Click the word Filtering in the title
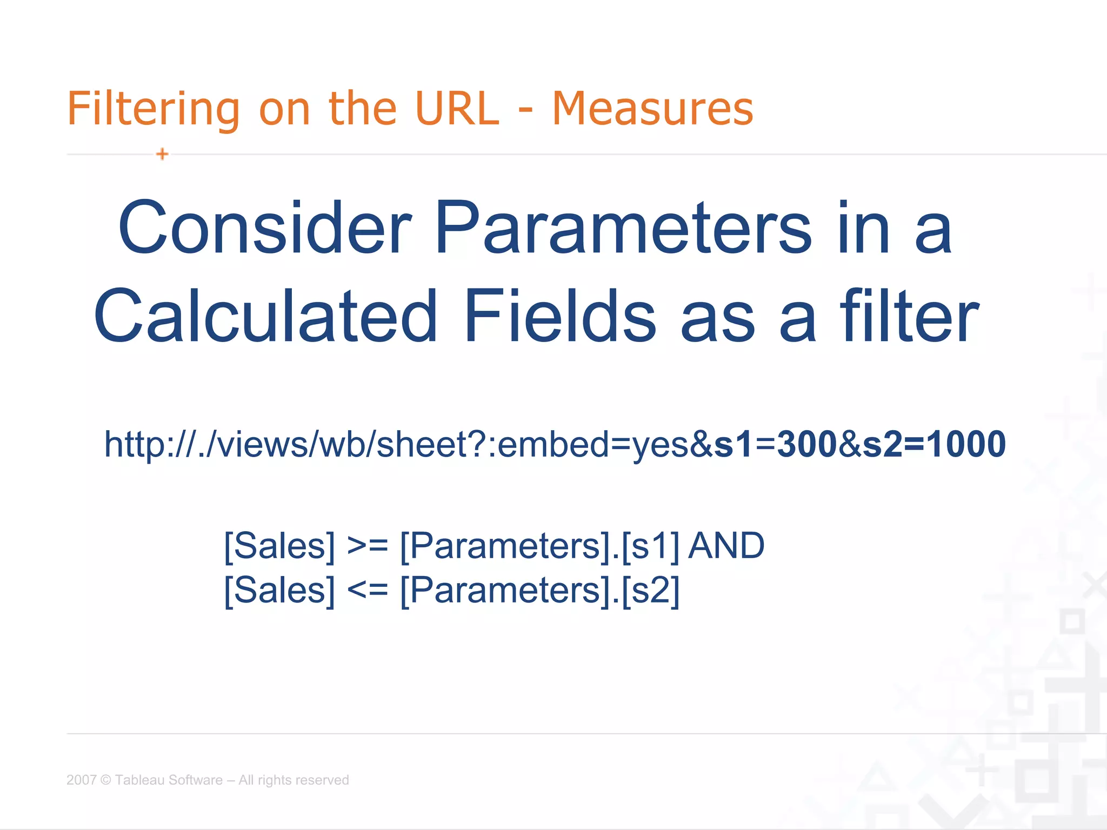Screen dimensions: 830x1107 coord(153,110)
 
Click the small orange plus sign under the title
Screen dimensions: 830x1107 coord(162,154)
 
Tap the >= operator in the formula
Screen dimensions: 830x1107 coord(368,546)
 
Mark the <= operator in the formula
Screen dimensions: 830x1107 coord(368,590)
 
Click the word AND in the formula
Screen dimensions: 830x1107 coord(726,546)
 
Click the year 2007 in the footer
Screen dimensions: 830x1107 coord(81,780)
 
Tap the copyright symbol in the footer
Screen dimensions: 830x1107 coord(106,780)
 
